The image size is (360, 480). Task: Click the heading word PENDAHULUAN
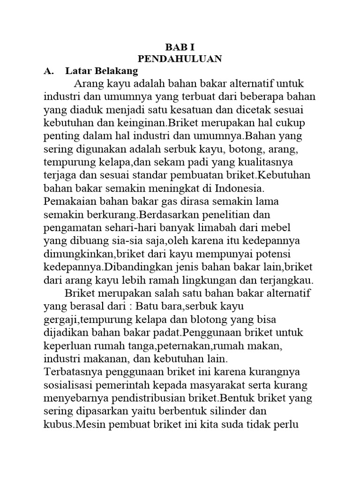point(180,59)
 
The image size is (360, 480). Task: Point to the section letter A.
point(47,71)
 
